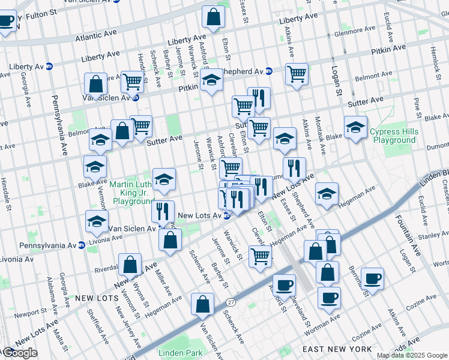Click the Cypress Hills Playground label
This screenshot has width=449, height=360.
tap(393, 136)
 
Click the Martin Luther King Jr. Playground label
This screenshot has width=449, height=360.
tap(132, 192)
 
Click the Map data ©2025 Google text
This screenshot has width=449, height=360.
tap(411, 356)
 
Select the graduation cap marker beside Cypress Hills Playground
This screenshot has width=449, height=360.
tap(355, 127)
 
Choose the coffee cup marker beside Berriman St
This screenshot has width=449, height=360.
tap(372, 278)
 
